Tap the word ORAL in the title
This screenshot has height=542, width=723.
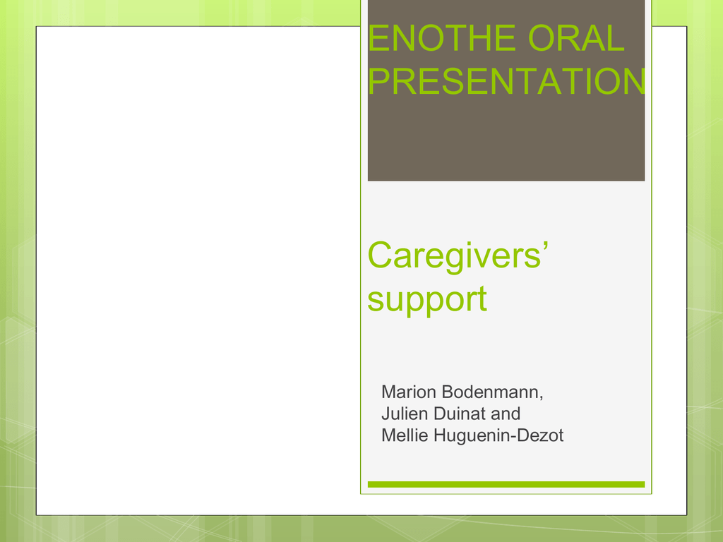pos(576,38)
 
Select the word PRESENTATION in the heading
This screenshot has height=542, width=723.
pos(507,81)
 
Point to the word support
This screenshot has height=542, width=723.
pos(427,300)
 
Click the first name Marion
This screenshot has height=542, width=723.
pos(409,392)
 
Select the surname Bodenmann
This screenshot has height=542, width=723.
pos(490,392)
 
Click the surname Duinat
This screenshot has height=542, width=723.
pos(459,414)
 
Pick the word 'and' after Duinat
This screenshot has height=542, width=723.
pos(506,414)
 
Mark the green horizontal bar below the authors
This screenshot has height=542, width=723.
pos(506,484)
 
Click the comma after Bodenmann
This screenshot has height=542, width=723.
pos(542,398)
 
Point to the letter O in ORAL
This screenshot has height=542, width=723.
pos(542,38)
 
